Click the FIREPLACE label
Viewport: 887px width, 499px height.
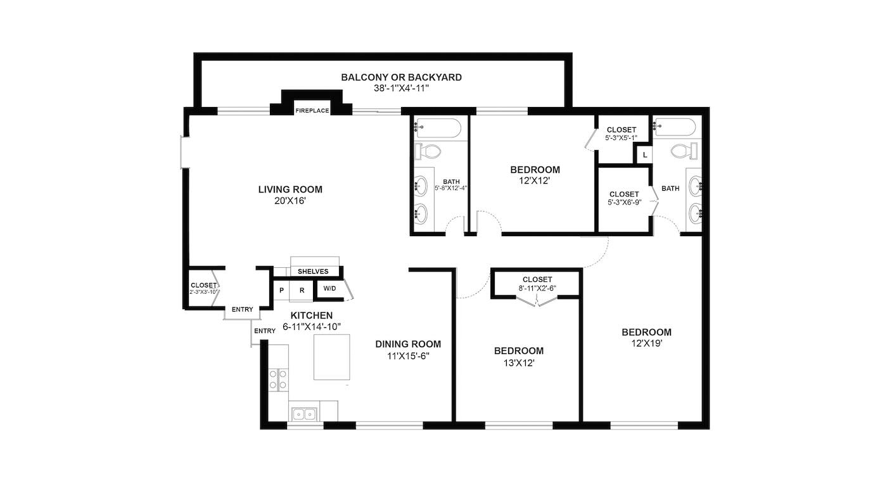312,111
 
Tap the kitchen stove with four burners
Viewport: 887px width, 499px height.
278,379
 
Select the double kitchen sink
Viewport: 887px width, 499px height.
304,414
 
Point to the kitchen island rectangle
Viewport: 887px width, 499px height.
332,357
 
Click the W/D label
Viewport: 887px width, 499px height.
329,289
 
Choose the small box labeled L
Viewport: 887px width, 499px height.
645,155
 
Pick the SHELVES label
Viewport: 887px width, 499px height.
313,272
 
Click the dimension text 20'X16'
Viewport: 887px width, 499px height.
290,201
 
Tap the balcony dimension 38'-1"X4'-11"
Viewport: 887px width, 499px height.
401,88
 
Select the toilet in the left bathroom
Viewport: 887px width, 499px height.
428,151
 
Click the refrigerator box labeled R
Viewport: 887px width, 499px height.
302,291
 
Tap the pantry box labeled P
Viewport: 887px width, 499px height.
281,291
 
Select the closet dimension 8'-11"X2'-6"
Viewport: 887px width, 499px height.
537,289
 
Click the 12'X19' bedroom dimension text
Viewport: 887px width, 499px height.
647,343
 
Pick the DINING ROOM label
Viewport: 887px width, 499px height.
408,344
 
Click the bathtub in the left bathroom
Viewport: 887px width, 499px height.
438,127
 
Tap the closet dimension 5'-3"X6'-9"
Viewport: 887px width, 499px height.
625,203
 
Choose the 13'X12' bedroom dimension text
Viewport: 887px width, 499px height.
519,363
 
